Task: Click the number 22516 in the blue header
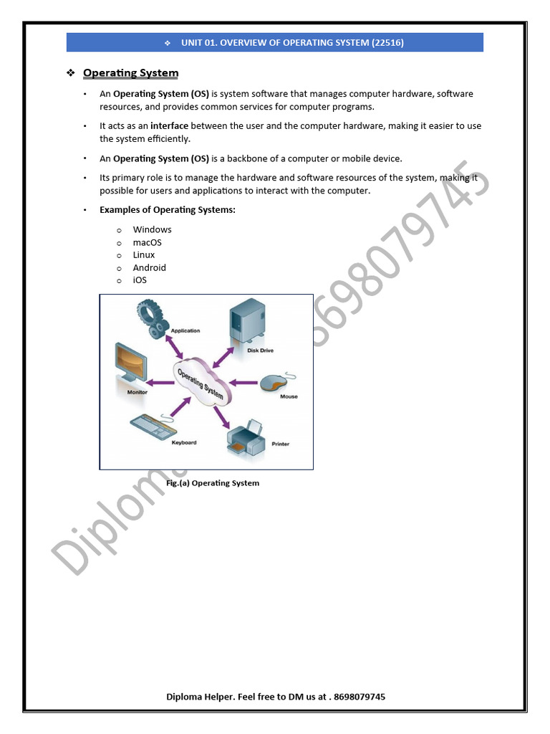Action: [x=387, y=43]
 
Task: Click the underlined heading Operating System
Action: [x=130, y=73]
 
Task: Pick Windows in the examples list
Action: [x=152, y=230]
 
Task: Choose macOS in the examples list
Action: [x=147, y=242]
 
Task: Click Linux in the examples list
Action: [x=143, y=255]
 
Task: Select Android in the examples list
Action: [x=149, y=267]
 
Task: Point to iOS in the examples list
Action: [x=140, y=280]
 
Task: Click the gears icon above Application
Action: [x=152, y=317]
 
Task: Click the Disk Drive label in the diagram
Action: [x=260, y=351]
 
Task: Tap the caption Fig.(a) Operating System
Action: [x=213, y=483]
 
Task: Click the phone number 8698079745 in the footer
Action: [x=360, y=697]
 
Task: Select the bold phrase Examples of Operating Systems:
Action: [x=167, y=210]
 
